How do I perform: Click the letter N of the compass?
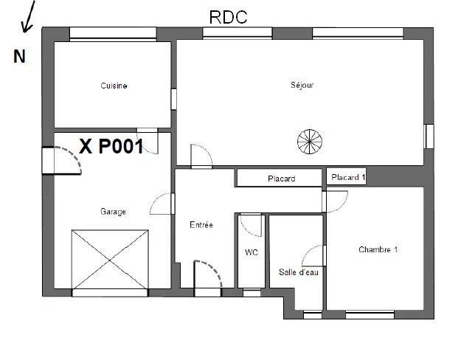(x=20, y=57)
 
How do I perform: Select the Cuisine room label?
(x=114, y=86)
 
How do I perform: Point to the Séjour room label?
(x=302, y=86)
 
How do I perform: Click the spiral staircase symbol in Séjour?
(x=309, y=141)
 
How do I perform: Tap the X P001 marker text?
(x=111, y=147)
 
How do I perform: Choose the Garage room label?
(x=113, y=212)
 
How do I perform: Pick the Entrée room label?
(x=201, y=225)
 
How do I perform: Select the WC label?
(x=251, y=252)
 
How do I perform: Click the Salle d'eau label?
(x=298, y=272)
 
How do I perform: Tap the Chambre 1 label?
(x=378, y=249)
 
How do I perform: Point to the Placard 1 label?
(x=348, y=177)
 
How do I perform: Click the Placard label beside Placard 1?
(x=280, y=179)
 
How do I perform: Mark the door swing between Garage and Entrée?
(x=161, y=204)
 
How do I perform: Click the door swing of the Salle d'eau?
(x=313, y=256)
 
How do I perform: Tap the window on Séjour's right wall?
(x=429, y=137)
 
